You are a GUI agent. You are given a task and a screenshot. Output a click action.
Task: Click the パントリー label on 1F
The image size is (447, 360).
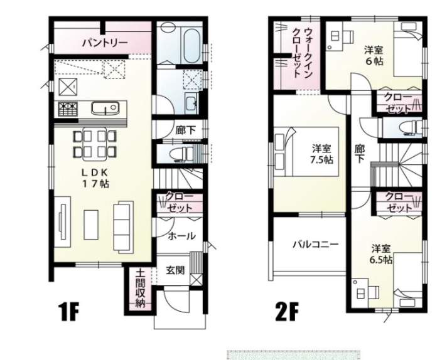pyautogui.click(x=105, y=43)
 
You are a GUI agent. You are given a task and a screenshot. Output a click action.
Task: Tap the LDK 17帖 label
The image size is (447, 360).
pyautogui.click(x=95, y=178)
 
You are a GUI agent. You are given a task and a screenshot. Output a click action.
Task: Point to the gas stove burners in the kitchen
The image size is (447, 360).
pyautogui.click(x=68, y=109)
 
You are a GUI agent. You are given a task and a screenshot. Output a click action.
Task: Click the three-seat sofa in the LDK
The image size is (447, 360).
pyautogui.click(x=124, y=226)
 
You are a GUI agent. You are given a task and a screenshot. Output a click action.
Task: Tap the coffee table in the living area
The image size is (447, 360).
pyautogui.click(x=91, y=225)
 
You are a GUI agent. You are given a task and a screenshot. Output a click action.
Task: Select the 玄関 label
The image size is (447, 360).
pyautogui.click(x=175, y=270)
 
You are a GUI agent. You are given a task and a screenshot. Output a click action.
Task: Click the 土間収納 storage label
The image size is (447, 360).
pyautogui.click(x=140, y=289)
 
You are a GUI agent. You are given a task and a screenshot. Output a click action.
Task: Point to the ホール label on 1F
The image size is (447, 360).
pyautogui.click(x=181, y=236)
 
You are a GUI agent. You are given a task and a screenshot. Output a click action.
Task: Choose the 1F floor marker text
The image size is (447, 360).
pyautogui.click(x=68, y=312)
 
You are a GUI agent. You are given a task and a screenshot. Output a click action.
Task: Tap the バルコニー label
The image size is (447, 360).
pyautogui.click(x=316, y=244)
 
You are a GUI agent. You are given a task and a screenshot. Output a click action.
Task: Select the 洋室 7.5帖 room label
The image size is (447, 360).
pyautogui.click(x=321, y=154)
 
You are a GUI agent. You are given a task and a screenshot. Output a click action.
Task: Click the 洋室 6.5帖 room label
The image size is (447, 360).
pyautogui.click(x=381, y=254)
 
